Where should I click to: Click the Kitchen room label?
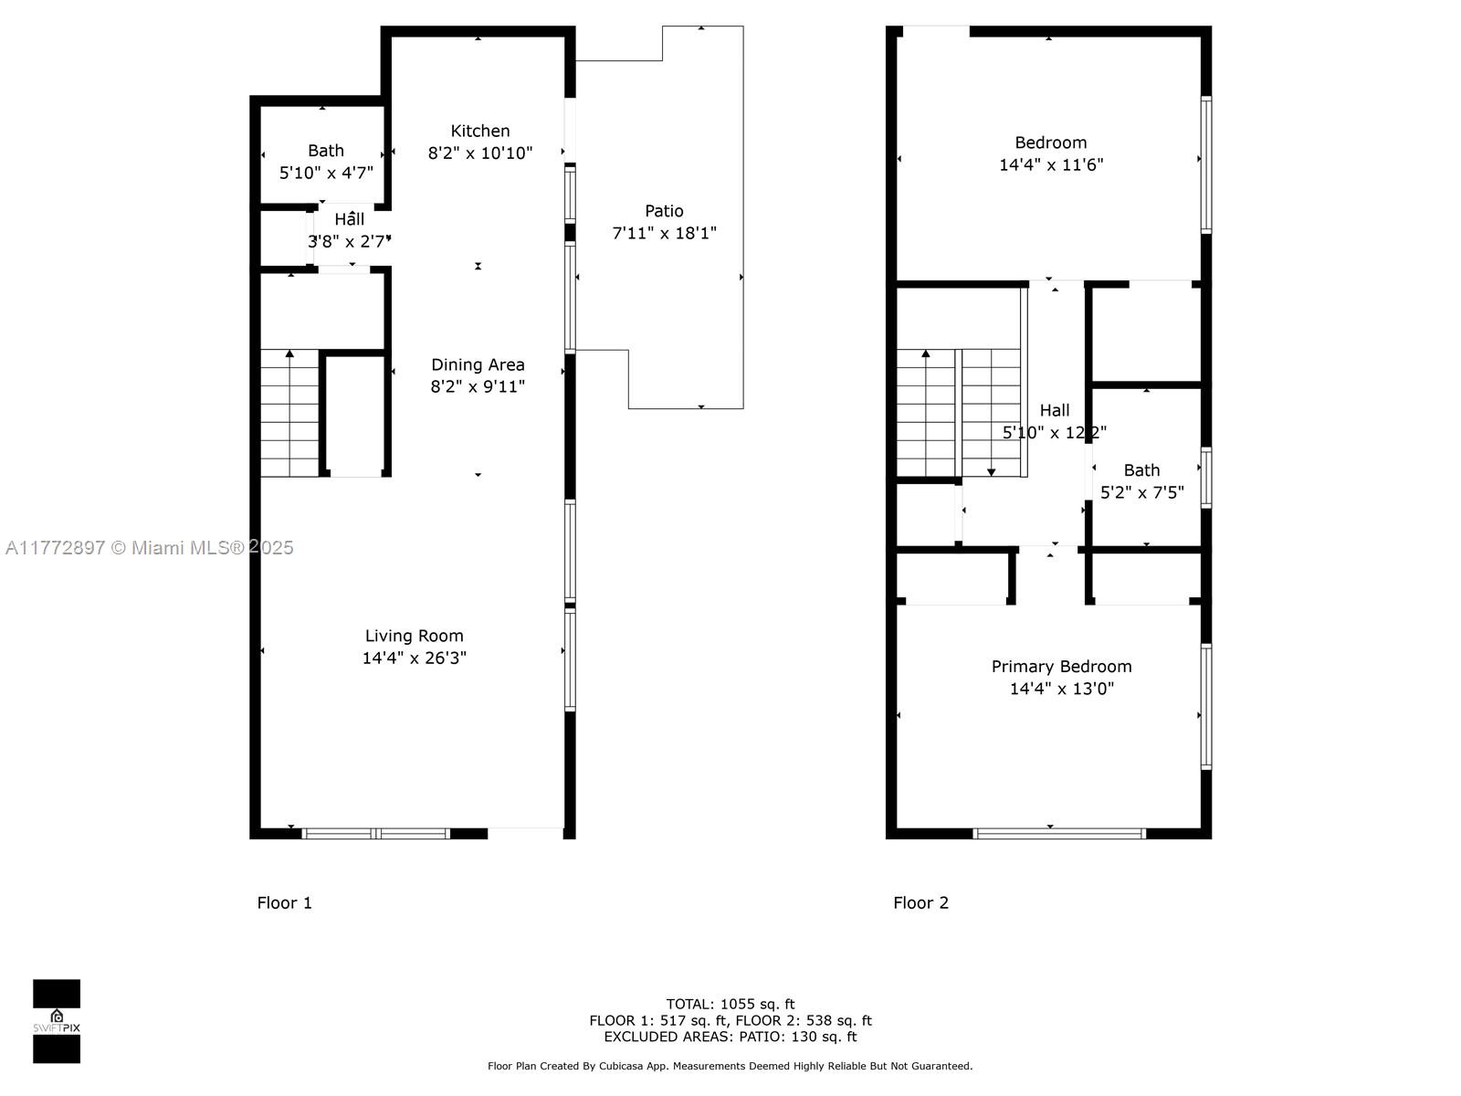(479, 131)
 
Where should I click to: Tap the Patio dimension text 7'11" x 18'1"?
(664, 233)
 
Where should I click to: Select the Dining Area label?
(478, 364)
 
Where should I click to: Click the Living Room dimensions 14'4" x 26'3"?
(415, 658)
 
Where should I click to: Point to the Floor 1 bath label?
(326, 151)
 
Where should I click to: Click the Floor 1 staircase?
(289, 413)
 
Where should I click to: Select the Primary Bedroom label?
(1061, 667)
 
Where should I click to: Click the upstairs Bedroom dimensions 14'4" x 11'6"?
(1051, 164)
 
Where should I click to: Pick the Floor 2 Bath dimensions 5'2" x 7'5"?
(1141, 492)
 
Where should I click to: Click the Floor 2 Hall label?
(1055, 410)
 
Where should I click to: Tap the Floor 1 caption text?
(284, 902)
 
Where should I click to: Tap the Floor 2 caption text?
(920, 902)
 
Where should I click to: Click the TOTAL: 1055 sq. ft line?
(730, 1004)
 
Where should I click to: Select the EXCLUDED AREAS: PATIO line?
(730, 1037)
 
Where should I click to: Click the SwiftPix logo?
(57, 1021)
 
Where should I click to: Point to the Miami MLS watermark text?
(149, 547)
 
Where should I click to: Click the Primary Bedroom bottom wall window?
(1059, 833)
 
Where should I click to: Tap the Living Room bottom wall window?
(376, 833)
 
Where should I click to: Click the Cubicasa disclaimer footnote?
(730, 1066)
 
